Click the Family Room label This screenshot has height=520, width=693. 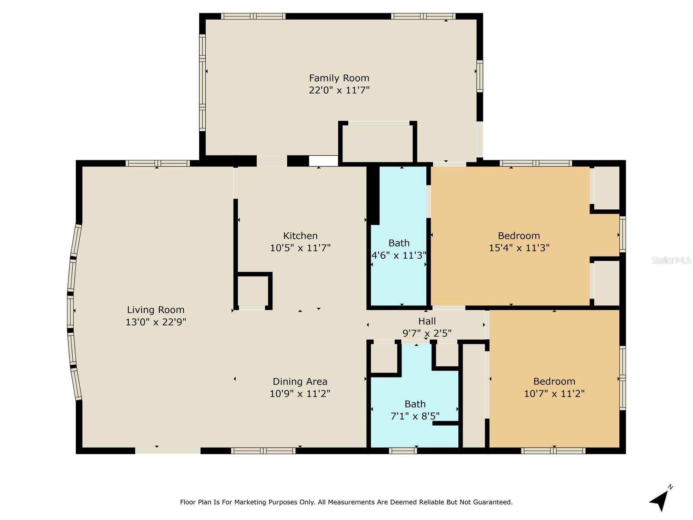click(x=339, y=78)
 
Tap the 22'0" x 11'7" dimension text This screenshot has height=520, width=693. click(x=339, y=90)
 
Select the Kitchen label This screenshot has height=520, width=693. click(x=300, y=236)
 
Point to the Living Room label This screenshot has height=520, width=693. click(x=155, y=310)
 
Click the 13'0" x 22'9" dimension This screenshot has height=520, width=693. click(x=155, y=322)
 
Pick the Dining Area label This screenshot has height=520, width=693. click(x=300, y=381)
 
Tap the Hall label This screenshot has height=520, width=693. click(x=427, y=321)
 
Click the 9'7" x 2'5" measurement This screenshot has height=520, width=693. click(x=427, y=333)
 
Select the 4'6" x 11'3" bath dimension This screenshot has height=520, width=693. click(x=399, y=255)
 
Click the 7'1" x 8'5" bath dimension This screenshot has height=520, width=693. click(x=415, y=416)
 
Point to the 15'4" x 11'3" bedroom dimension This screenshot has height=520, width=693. click(x=519, y=248)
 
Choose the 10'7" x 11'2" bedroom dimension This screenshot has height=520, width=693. click(x=554, y=394)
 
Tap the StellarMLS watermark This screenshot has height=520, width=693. click(x=671, y=260)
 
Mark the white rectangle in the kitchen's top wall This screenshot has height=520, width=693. click(x=323, y=161)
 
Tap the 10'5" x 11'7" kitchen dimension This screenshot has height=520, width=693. click(x=300, y=248)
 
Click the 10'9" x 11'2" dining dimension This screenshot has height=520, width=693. click(x=300, y=394)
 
